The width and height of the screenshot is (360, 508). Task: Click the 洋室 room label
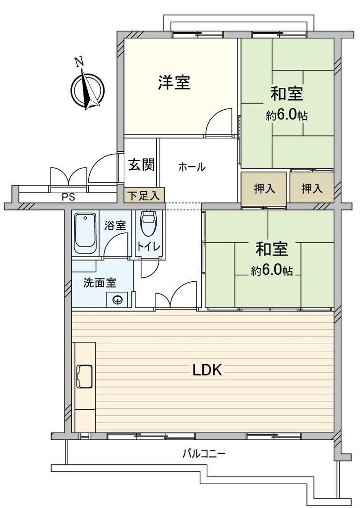174,82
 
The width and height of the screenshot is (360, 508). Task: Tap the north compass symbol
87,89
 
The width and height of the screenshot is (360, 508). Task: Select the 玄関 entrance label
141,165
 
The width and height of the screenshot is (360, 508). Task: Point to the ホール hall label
192,167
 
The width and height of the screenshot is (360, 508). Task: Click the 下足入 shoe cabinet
144,195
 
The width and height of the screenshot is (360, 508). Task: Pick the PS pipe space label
67,196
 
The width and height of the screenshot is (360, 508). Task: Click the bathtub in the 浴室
86,234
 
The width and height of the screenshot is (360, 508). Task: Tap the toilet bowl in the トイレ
148,224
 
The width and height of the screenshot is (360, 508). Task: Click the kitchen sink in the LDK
84,376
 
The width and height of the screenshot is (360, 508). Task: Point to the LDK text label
207,370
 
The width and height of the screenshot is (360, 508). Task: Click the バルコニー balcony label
204,453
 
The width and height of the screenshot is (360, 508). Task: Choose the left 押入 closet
264,188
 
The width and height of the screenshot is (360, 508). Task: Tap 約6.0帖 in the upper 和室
287,115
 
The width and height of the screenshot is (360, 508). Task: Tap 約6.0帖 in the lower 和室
272,270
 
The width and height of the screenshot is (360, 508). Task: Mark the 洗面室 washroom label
99,283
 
